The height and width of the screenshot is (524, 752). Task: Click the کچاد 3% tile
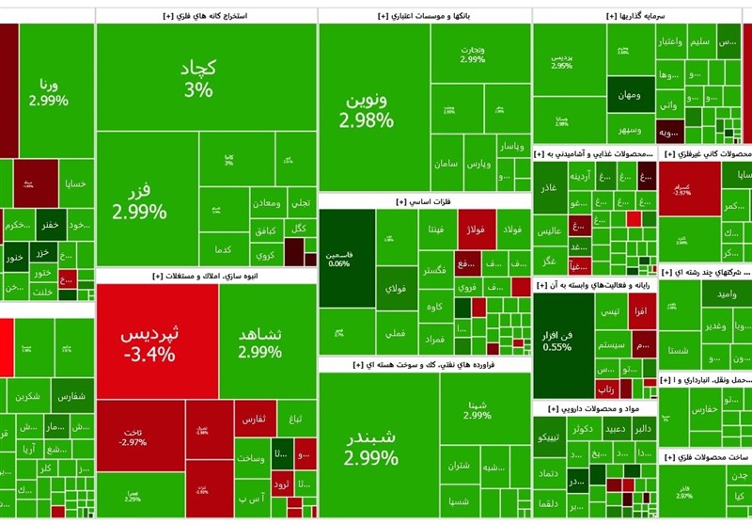point(197,77)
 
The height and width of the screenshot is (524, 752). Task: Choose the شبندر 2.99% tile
point(370,448)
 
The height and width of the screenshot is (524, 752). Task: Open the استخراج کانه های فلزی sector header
point(205,16)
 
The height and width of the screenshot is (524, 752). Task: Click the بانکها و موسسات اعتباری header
point(424,16)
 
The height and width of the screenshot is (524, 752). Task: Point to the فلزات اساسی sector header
point(424,201)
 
